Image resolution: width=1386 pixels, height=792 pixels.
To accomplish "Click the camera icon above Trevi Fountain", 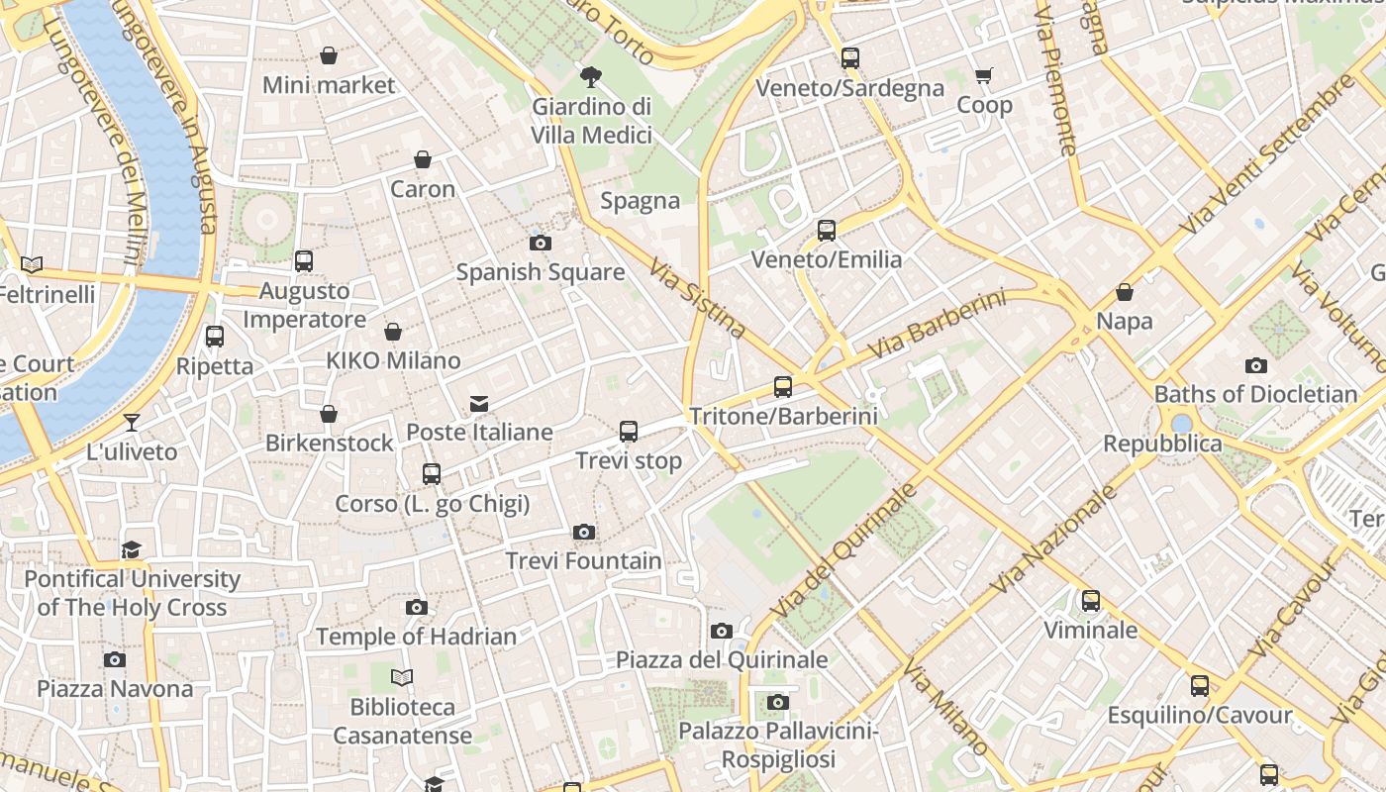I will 584,533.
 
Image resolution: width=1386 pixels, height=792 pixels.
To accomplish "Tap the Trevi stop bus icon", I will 629,432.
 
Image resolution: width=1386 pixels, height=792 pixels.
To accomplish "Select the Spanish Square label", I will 540,272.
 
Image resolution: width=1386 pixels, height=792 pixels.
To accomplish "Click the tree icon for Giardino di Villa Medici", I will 591,75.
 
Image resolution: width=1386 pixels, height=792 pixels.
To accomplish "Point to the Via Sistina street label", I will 698,298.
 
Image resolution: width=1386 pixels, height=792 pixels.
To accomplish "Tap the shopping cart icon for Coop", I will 984,75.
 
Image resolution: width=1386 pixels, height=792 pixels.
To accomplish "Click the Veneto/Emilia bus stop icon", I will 827,231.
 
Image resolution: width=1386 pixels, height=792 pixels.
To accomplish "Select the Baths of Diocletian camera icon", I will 1256,366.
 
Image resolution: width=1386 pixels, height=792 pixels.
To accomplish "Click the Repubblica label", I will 1162,444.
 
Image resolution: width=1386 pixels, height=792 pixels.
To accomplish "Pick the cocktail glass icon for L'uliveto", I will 132,423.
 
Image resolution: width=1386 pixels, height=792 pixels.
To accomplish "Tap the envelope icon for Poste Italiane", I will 479,403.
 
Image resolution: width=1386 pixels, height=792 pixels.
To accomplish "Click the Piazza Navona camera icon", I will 115,659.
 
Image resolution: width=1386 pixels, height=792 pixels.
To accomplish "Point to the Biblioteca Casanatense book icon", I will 401,678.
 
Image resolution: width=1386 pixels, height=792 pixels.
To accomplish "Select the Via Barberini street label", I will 936,325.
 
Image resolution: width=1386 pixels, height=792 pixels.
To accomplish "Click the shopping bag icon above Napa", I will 1125,292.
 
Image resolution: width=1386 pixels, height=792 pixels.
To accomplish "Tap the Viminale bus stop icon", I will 1091,601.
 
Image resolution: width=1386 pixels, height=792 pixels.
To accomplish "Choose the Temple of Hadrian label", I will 416,637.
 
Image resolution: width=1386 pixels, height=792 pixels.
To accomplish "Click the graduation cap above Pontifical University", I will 132,550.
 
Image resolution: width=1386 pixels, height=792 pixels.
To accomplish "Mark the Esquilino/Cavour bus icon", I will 1200,686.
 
